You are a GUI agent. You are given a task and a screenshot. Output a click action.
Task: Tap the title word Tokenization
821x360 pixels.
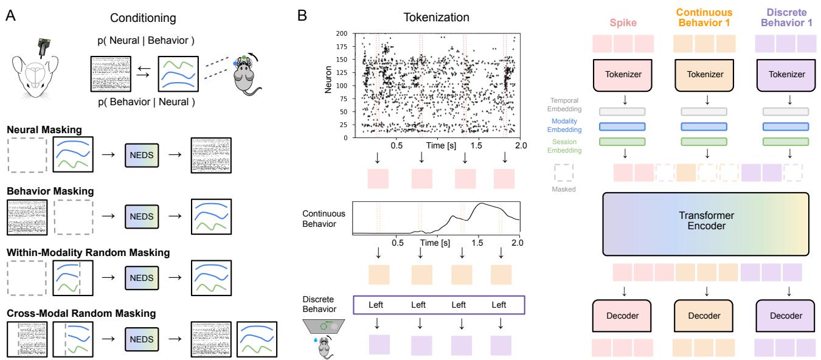[x=436, y=18]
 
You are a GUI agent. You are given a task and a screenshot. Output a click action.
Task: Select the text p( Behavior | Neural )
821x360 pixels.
[x=142, y=103]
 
